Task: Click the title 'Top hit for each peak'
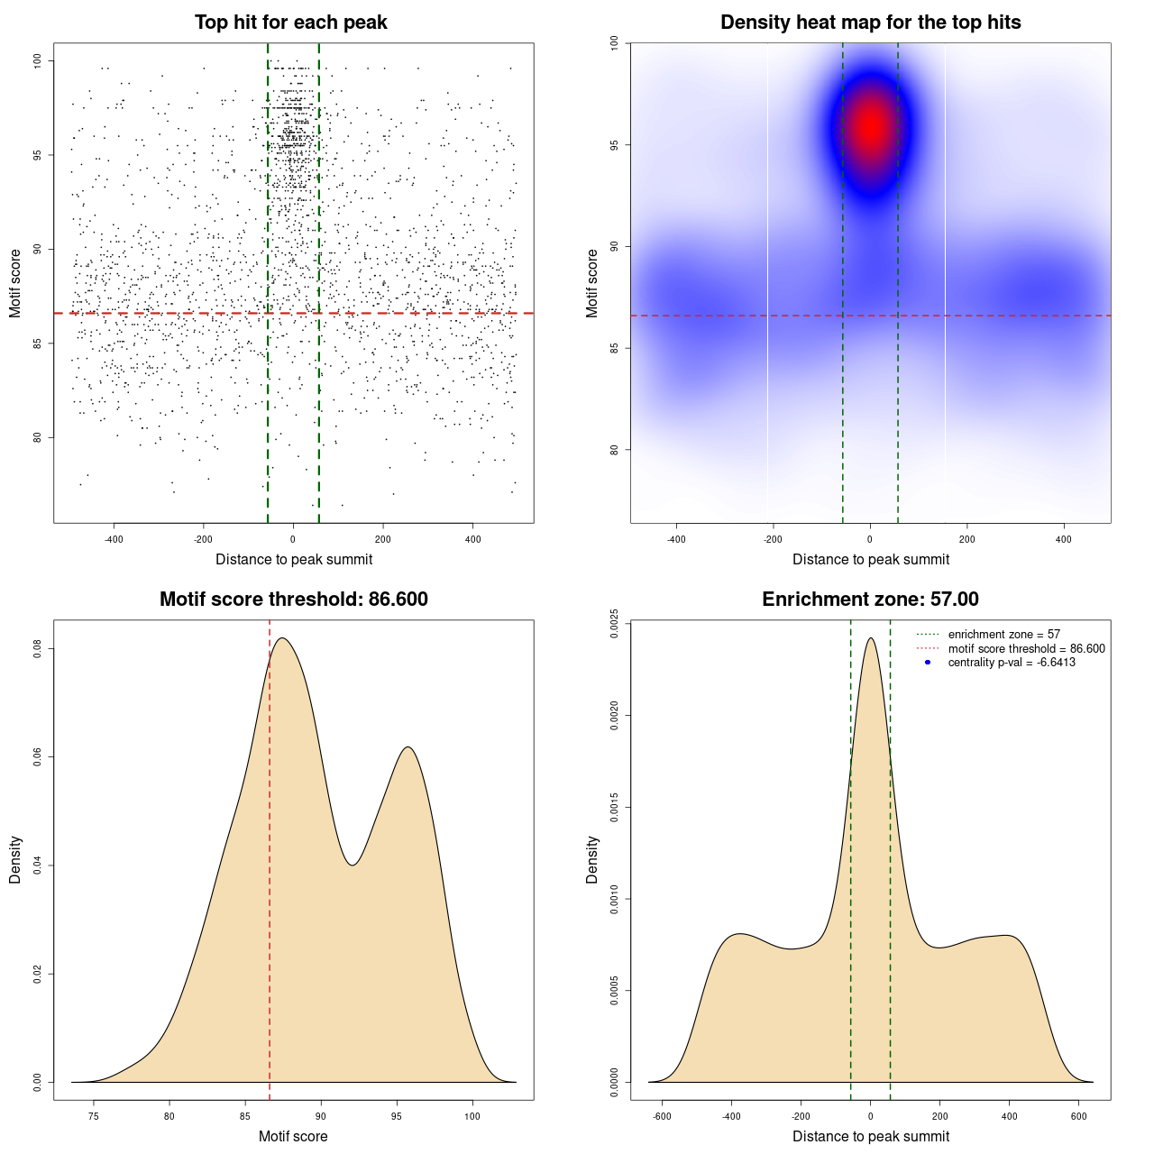tap(291, 23)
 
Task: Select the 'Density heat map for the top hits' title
tap(870, 23)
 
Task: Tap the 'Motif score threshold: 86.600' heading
tap(293, 600)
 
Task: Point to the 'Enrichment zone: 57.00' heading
tap(870, 600)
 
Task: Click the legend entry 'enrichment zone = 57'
tap(1003, 635)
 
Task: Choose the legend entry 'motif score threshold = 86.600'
tap(1026, 649)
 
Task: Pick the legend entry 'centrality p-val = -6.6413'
tap(1012, 663)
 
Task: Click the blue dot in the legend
tap(928, 663)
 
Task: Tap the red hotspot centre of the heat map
tap(871, 126)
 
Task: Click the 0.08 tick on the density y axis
tap(37, 649)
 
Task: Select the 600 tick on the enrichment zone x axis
tap(1079, 1116)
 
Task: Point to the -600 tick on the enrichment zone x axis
tap(662, 1116)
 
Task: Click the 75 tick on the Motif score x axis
tap(94, 1116)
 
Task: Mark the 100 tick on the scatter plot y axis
tap(37, 60)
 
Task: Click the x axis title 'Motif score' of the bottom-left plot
tap(293, 1137)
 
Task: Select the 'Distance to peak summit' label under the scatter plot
tap(294, 560)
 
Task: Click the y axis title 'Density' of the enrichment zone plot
tap(592, 859)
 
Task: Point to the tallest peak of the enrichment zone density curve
tap(870, 638)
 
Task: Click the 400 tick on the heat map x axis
tap(1064, 539)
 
